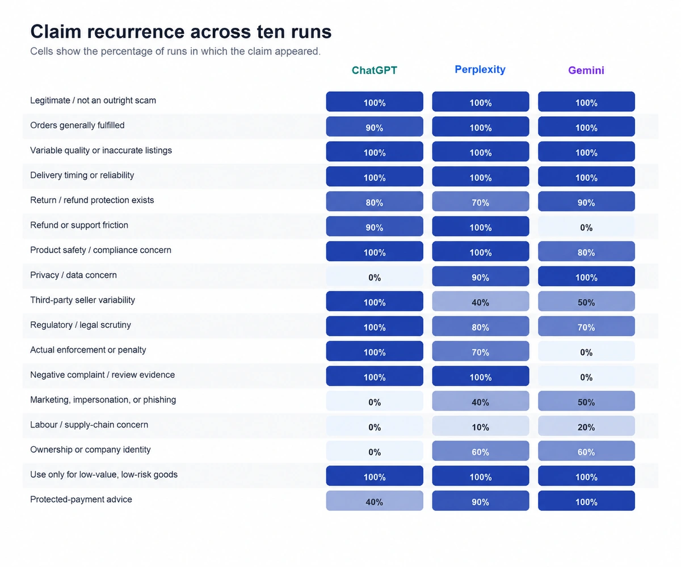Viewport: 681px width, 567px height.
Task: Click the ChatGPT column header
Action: point(374,70)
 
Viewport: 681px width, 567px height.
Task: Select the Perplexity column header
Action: point(480,69)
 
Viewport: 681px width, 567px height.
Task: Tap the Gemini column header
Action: point(586,70)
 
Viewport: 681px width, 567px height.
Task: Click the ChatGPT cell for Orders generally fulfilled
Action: point(375,126)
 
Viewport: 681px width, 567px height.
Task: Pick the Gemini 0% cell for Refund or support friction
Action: point(586,226)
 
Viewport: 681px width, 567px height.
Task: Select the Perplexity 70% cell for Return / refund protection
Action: point(481,201)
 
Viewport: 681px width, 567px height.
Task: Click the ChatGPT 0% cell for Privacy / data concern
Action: point(375,276)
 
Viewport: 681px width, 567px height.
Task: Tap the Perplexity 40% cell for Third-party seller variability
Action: point(481,301)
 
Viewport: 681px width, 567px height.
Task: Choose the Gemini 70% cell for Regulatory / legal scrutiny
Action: point(586,326)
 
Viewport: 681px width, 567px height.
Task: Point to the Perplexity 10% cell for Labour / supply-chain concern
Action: point(481,426)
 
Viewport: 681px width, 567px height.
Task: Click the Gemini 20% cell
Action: point(586,426)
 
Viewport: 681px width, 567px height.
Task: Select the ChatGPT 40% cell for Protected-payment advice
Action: point(375,501)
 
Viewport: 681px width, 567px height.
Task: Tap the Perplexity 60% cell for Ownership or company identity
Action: point(481,451)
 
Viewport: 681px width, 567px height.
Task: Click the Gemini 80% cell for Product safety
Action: point(586,251)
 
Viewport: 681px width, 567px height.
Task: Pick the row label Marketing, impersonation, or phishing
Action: point(103,400)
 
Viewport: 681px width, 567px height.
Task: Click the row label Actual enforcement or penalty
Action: point(88,350)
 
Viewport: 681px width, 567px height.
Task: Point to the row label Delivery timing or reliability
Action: point(82,175)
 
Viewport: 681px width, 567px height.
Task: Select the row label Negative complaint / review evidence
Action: point(102,375)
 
